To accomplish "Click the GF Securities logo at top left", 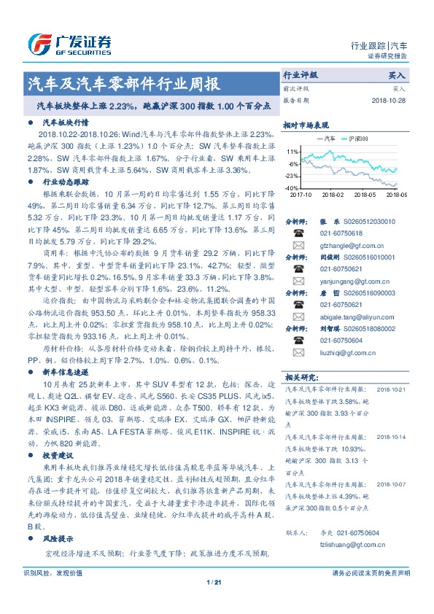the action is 69,43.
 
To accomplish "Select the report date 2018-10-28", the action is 387,100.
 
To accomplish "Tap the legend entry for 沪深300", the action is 357,138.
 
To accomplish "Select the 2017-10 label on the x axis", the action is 300,195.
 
